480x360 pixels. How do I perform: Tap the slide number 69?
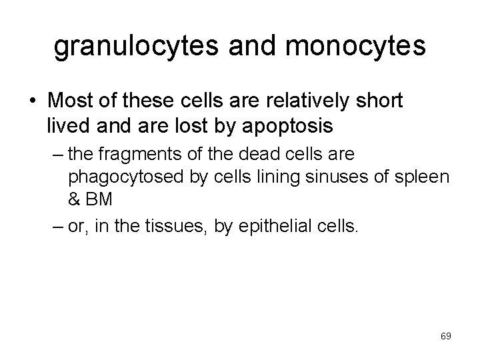(446, 337)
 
